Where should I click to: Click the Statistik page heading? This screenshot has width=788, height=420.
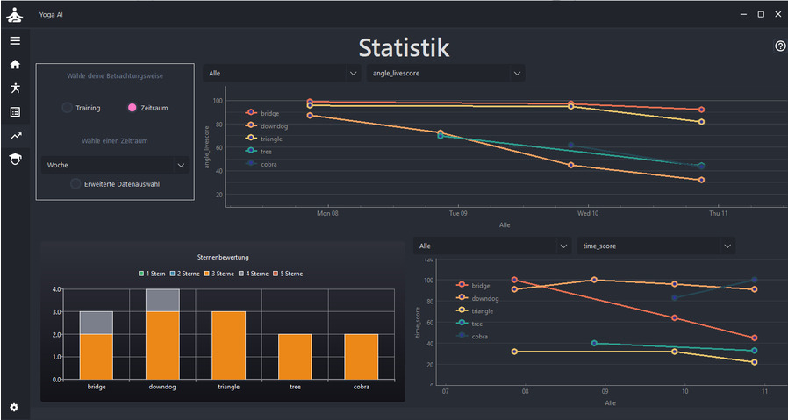pos(404,48)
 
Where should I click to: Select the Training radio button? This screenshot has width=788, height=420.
pos(68,108)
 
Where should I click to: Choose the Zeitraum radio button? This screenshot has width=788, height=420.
pos(133,108)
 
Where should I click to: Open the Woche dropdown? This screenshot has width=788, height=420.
pos(115,165)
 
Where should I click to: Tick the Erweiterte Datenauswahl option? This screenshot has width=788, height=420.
pos(76,184)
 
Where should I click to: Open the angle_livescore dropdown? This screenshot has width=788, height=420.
pos(445,73)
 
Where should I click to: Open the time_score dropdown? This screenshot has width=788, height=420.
pos(655,246)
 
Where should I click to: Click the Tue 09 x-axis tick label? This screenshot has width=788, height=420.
pos(457,213)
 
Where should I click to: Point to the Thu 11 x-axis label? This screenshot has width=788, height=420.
pos(720,213)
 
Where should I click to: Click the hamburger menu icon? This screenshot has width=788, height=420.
pos(15,40)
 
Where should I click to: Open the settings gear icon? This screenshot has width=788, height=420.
pos(14,407)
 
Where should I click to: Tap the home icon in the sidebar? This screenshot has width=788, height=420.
pos(15,64)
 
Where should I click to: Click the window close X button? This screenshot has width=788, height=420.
pos(777,14)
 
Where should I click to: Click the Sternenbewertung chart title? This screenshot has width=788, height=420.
pos(223,258)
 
